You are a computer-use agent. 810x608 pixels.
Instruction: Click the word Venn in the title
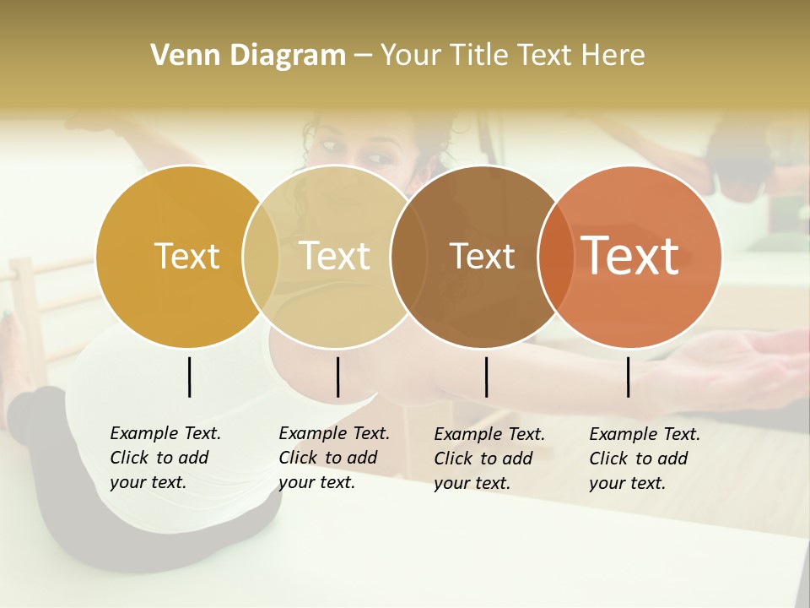178,56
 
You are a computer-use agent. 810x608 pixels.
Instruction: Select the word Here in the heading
613,56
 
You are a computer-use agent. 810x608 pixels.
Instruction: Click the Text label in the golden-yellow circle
186,256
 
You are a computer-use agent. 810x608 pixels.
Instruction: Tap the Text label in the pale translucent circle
334,256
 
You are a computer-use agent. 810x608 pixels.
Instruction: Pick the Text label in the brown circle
482,256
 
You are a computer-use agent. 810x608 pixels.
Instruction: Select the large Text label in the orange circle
630,256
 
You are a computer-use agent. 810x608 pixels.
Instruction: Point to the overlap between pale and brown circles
408,257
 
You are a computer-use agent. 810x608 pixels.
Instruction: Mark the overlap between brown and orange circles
555,257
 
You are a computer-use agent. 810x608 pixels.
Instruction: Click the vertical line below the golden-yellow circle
189,377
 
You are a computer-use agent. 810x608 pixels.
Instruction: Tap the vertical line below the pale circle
337,377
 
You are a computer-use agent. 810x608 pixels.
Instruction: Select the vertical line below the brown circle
486,377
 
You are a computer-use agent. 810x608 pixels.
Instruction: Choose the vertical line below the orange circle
629,377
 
